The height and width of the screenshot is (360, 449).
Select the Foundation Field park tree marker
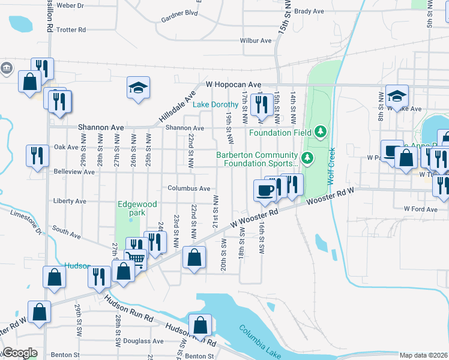pyautogui.click(x=321, y=131)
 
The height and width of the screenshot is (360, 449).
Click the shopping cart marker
pyautogui.click(x=136, y=260)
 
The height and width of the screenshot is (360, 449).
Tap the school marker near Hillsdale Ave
pyautogui.click(x=138, y=88)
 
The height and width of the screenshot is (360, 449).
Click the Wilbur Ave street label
pyautogui.click(x=256, y=41)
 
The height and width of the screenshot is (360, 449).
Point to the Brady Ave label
pyautogui.click(x=309, y=11)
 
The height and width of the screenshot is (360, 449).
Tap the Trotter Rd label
pyautogui.click(x=71, y=29)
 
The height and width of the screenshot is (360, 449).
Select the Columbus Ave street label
pyautogui.click(x=188, y=188)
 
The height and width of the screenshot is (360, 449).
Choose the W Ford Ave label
pyautogui.click(x=421, y=209)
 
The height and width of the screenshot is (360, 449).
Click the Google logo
pyautogui.click(x=20, y=353)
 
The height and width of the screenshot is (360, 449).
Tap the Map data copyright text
pyautogui.click(x=423, y=355)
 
